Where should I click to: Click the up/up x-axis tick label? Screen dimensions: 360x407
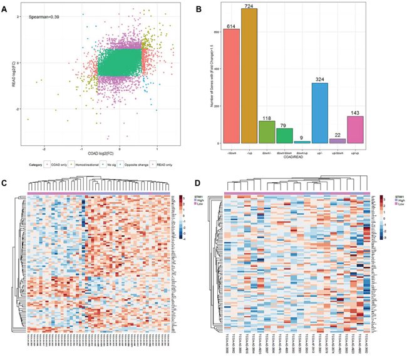click(x=356, y=150)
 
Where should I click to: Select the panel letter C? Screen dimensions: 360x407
click(x=4, y=183)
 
